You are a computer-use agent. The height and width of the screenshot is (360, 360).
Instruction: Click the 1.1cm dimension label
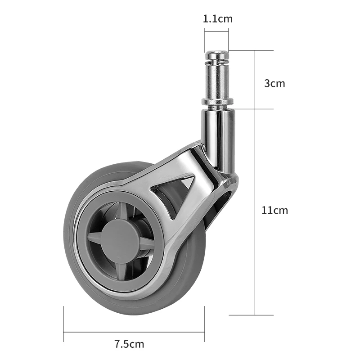(x=217, y=19)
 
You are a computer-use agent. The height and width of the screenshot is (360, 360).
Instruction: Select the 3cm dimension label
(x=274, y=83)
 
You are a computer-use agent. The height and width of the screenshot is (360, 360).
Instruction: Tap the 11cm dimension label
(x=274, y=210)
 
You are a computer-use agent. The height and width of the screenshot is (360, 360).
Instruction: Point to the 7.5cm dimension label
(x=129, y=344)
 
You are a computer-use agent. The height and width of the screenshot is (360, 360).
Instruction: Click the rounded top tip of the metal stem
(x=217, y=54)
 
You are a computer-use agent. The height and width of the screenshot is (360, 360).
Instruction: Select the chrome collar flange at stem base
(x=217, y=103)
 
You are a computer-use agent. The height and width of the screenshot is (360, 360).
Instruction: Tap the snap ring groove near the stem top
(x=217, y=62)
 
